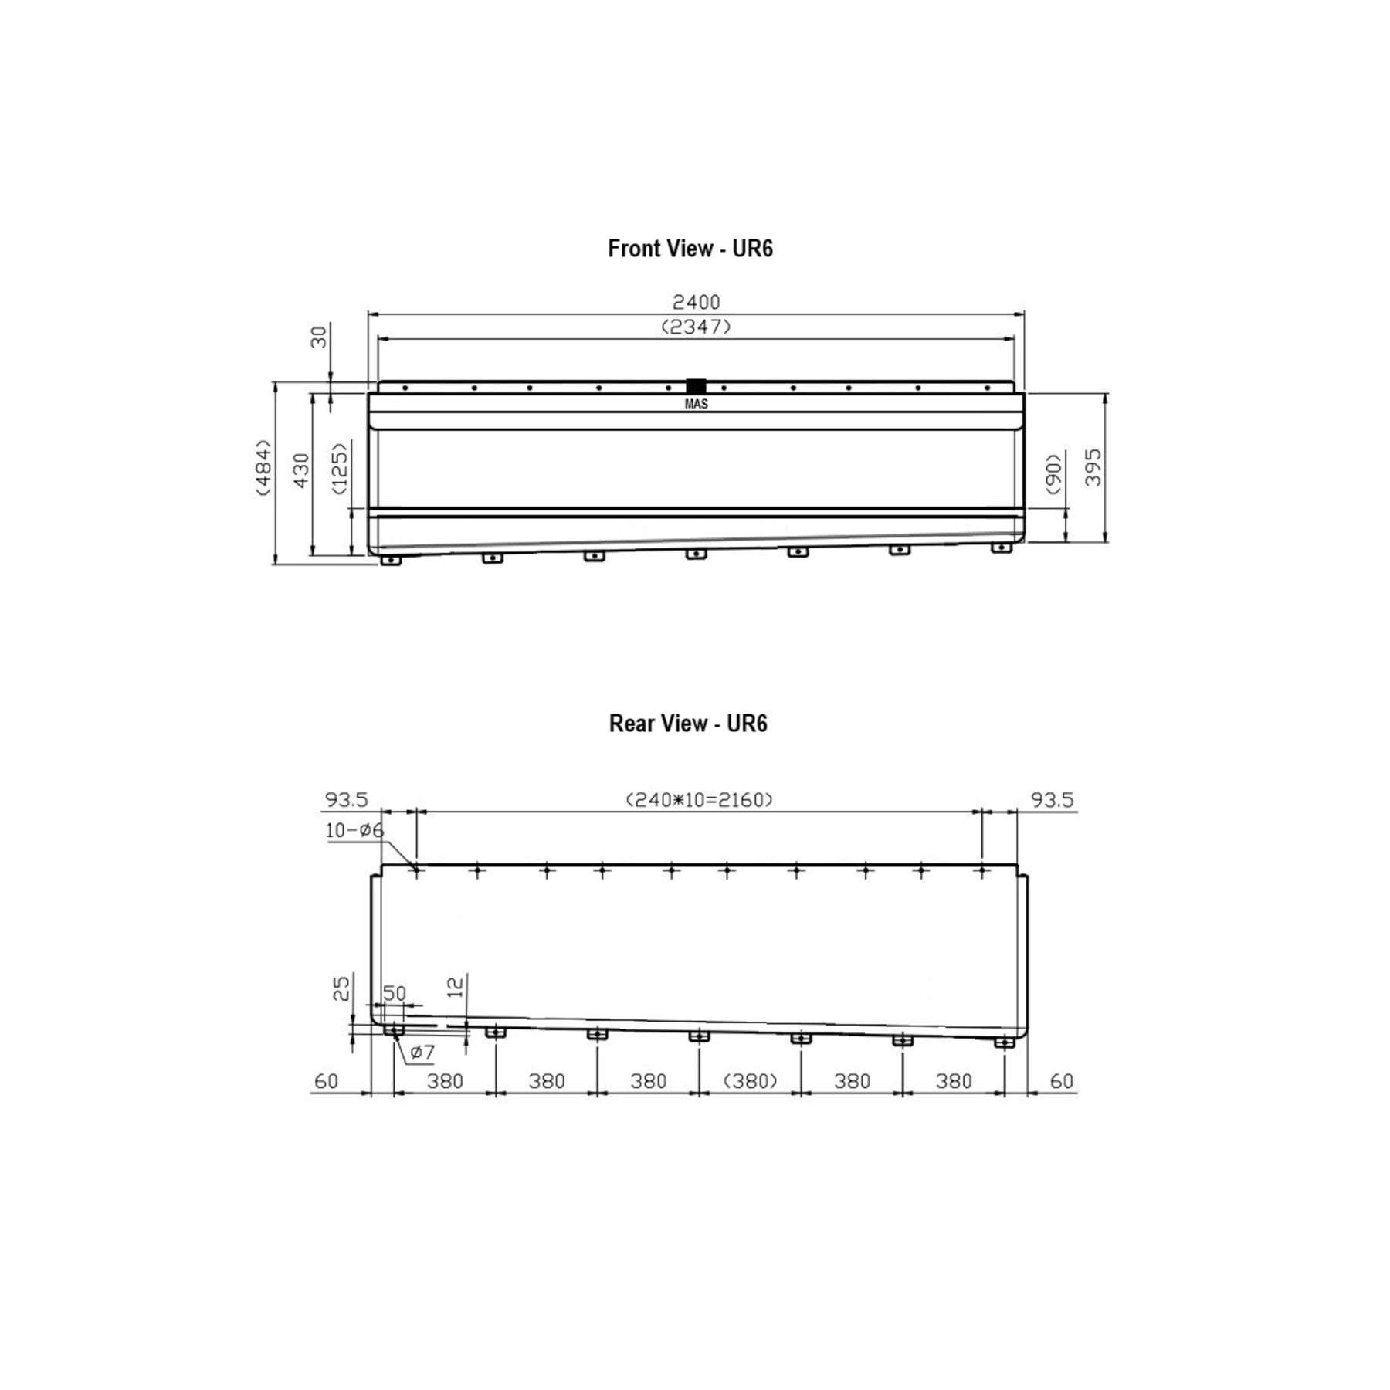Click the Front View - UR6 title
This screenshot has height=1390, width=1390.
[x=690, y=249]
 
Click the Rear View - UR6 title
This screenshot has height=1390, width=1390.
[x=688, y=724]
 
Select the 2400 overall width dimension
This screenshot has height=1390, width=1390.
[x=696, y=302]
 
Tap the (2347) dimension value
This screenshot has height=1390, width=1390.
[x=696, y=327]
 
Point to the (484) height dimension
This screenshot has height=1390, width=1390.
[x=264, y=467]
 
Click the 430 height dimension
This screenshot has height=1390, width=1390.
[x=301, y=470]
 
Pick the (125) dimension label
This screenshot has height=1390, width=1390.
[x=339, y=468]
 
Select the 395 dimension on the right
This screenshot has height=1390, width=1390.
[x=1093, y=467]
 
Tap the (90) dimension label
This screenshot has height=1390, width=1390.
[x=1054, y=473]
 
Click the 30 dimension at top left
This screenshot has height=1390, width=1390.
[x=319, y=337]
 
